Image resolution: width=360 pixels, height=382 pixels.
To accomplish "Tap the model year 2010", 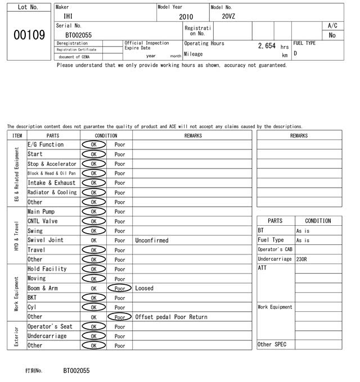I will click(x=186, y=17).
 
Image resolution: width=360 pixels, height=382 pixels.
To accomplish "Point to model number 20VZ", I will click(x=228, y=16).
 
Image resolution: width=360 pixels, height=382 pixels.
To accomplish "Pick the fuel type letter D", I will click(x=295, y=54).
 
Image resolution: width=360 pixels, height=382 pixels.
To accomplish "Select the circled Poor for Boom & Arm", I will click(x=120, y=288).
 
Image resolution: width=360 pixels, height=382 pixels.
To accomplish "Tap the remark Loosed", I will click(x=144, y=288).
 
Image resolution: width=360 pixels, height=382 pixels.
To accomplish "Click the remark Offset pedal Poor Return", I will click(x=171, y=317).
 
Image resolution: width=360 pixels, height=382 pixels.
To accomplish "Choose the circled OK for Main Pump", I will click(x=93, y=212).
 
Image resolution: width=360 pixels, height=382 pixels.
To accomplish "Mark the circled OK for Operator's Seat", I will click(x=93, y=326).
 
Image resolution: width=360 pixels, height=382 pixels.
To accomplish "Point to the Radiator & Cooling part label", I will click(x=52, y=192).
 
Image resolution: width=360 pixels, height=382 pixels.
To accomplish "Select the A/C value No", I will click(x=332, y=35).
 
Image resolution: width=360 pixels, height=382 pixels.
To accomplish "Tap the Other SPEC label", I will click(x=272, y=344).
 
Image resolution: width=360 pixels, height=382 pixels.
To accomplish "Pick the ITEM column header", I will click(x=17, y=135).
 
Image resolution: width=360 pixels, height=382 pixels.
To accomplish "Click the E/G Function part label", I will click(x=46, y=144).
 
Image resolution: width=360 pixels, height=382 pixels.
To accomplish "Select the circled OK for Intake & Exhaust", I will click(x=93, y=183).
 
